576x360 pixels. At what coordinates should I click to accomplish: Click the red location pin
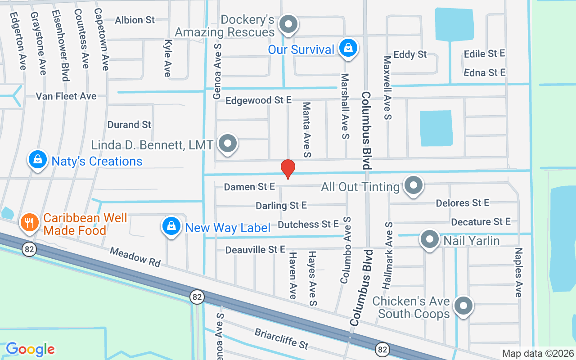pyautogui.click(x=288, y=169)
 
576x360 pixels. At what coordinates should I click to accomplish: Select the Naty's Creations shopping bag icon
pyautogui.click(x=38, y=160)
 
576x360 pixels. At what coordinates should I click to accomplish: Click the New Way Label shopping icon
pyautogui.click(x=171, y=226)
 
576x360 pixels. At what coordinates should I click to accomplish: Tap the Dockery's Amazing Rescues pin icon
pyautogui.click(x=288, y=24)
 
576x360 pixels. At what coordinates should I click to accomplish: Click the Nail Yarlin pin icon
pyautogui.click(x=429, y=239)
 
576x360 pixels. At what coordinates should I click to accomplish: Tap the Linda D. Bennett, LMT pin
pyautogui.click(x=227, y=144)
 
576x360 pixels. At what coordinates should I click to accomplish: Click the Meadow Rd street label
pyautogui.click(x=135, y=257)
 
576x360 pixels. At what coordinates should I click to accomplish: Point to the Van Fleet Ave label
pyautogui.click(x=66, y=96)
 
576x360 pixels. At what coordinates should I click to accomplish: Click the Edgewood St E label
pyautogui.click(x=259, y=100)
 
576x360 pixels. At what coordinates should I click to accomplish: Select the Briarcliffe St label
pyautogui.click(x=281, y=339)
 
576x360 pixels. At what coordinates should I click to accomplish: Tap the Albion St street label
pyautogui.click(x=135, y=20)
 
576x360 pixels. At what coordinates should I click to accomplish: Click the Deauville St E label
pyautogui.click(x=255, y=249)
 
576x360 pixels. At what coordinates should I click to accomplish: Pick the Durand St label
pyautogui.click(x=129, y=124)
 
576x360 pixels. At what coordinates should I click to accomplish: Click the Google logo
pyautogui.click(x=30, y=349)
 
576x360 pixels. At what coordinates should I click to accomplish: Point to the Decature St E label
pyautogui.click(x=481, y=221)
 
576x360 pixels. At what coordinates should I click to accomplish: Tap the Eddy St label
pyautogui.click(x=410, y=54)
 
